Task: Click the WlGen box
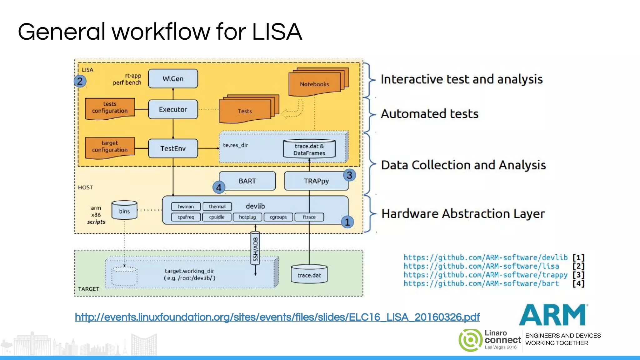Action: pyautogui.click(x=173, y=79)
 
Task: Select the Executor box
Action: pyautogui.click(x=173, y=109)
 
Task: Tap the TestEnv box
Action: pyautogui.click(x=173, y=148)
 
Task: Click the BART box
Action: pyautogui.click(x=247, y=181)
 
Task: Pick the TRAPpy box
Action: pyautogui.click(x=316, y=181)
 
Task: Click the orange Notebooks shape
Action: pyautogui.click(x=314, y=84)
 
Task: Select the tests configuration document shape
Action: pyautogui.click(x=110, y=108)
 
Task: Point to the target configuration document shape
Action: pyautogui.click(x=110, y=147)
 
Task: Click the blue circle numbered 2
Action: pyautogui.click(x=80, y=81)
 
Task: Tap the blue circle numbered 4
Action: pyautogui.click(x=219, y=187)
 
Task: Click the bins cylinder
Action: pyautogui.click(x=124, y=211)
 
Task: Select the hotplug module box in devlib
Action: pyautogui.click(x=247, y=217)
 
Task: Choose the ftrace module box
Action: pyautogui.click(x=309, y=217)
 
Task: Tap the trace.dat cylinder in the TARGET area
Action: pyautogui.click(x=309, y=275)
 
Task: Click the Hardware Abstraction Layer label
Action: pyautogui.click(x=463, y=214)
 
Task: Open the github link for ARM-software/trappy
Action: pyautogui.click(x=485, y=275)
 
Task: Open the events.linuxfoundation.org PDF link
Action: pyautogui.click(x=277, y=317)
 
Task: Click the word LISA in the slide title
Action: pyautogui.click(x=277, y=32)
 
